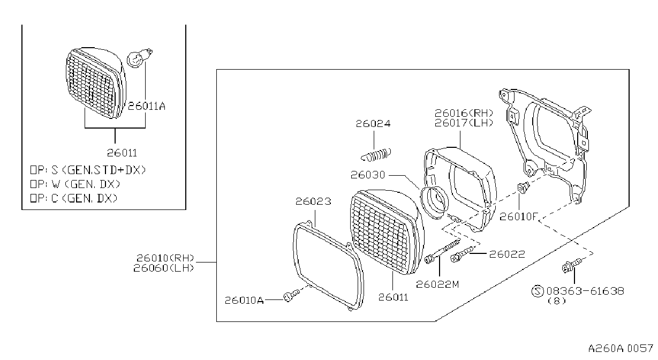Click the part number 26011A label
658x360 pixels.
coord(147,106)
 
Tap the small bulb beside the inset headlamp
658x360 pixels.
coord(139,58)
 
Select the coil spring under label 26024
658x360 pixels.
coord(376,155)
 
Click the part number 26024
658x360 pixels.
coord(373,124)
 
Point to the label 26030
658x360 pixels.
coord(368,175)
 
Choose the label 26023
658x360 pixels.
coord(313,201)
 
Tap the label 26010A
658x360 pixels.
coord(244,301)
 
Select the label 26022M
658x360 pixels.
coord(437,284)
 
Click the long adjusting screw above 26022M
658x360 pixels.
coord(443,251)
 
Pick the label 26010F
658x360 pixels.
coord(518,216)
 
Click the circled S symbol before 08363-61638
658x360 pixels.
coord(538,291)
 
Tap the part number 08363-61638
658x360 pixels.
coord(585,291)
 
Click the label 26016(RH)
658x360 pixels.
coord(464,113)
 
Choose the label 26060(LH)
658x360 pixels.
coord(164,268)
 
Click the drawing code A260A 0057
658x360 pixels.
coord(621,349)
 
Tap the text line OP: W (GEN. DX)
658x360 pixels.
coord(75,184)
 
